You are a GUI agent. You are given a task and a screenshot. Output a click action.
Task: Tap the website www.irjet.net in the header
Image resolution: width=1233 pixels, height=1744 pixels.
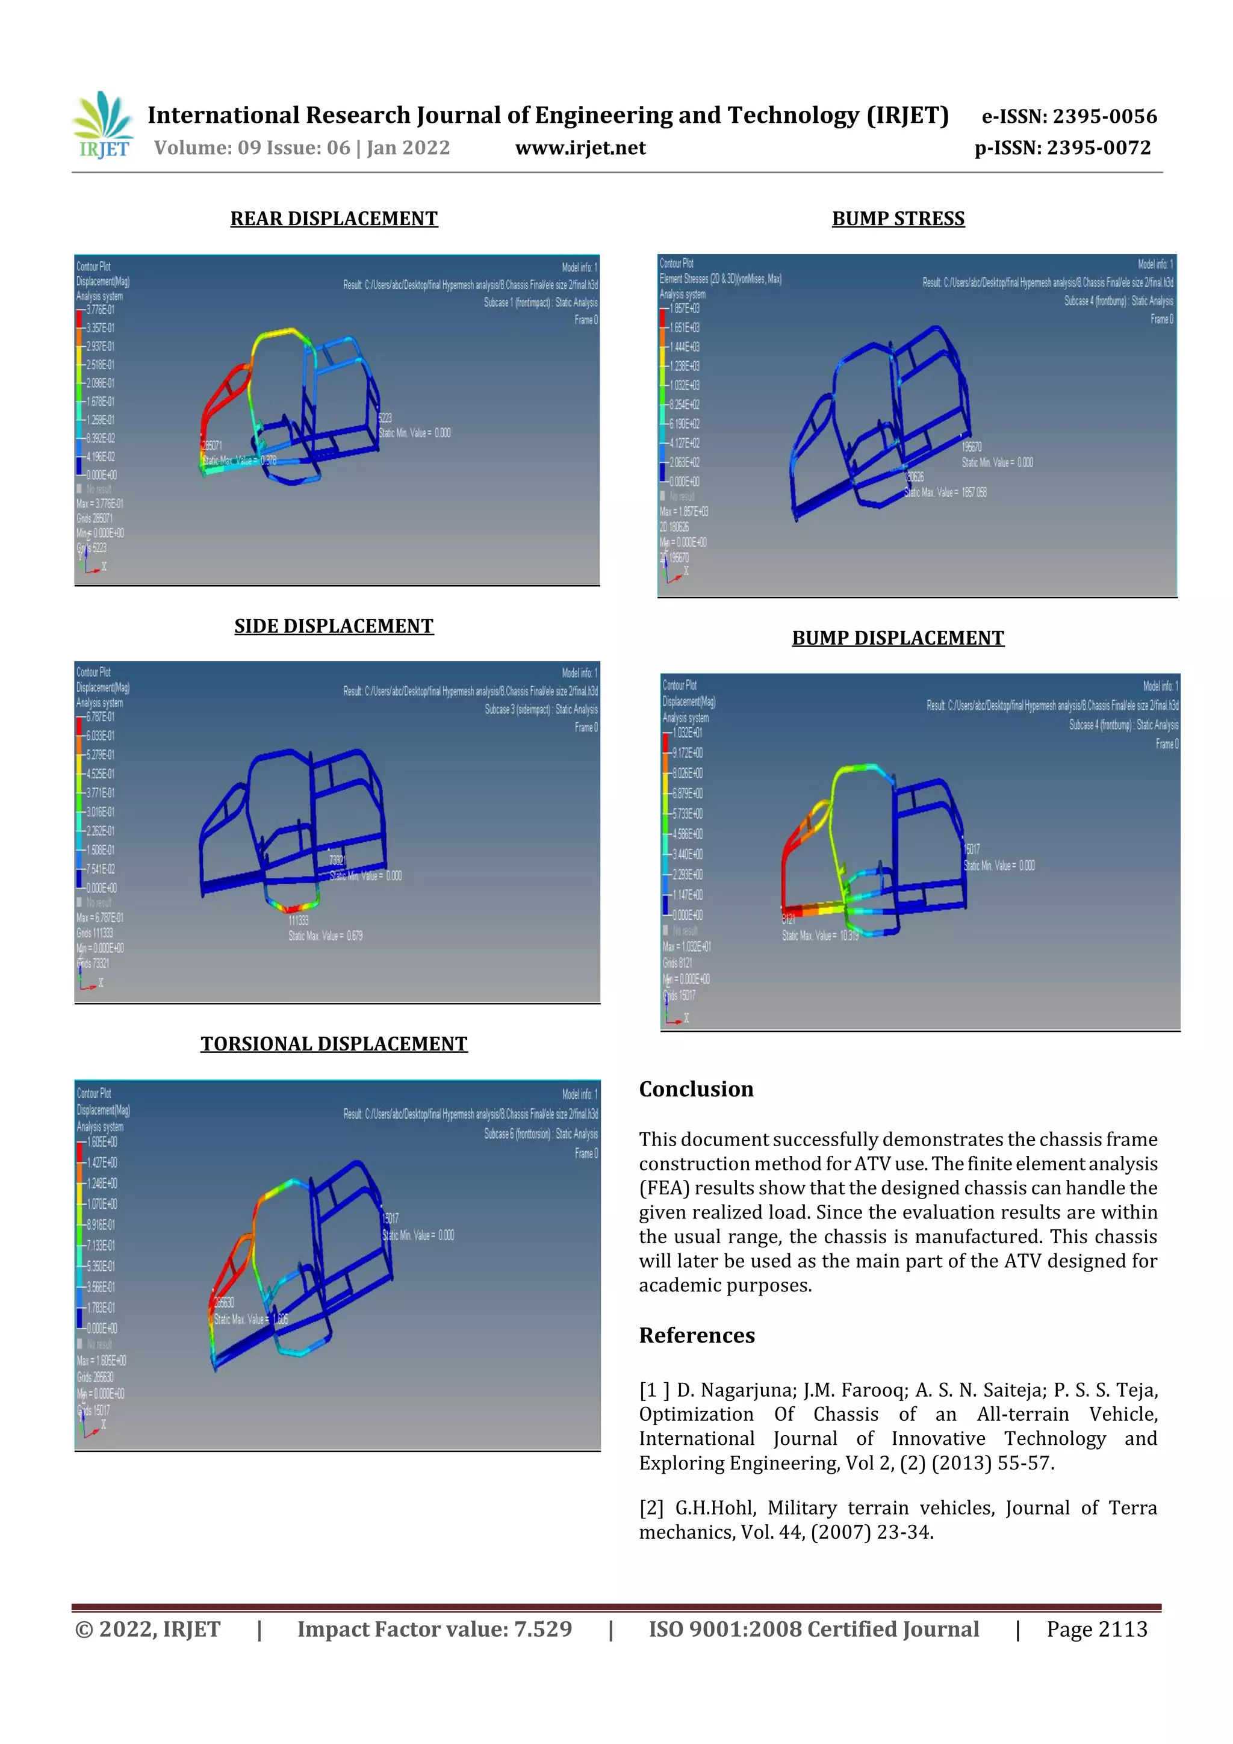point(580,147)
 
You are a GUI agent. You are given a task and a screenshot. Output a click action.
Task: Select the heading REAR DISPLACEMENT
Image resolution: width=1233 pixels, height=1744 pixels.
point(334,219)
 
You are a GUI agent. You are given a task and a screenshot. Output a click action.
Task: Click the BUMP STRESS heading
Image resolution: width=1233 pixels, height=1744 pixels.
point(898,219)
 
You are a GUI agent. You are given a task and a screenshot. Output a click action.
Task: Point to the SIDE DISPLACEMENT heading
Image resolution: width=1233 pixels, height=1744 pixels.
point(334,626)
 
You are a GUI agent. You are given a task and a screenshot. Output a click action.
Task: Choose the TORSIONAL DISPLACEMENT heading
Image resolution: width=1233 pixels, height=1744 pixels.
point(334,1044)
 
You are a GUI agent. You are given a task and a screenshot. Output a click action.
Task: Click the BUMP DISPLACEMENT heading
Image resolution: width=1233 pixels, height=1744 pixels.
point(898,638)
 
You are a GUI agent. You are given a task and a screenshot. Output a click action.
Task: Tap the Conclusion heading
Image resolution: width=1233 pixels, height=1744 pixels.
point(696,1089)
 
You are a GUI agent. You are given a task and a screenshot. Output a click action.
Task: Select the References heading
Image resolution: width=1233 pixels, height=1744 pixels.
point(697,1335)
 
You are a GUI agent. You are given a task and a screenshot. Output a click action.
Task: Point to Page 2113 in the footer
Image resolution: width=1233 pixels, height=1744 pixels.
point(1096,1629)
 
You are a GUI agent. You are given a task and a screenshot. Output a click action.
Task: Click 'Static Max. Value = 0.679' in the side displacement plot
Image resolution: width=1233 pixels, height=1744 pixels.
point(325,936)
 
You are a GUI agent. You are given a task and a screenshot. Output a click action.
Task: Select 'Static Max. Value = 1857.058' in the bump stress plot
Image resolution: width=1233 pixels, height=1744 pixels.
point(945,492)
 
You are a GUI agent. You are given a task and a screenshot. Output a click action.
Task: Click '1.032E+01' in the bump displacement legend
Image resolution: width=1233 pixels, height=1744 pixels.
point(687,732)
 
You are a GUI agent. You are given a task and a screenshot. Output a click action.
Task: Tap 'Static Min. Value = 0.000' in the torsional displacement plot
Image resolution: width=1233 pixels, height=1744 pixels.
point(418,1235)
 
